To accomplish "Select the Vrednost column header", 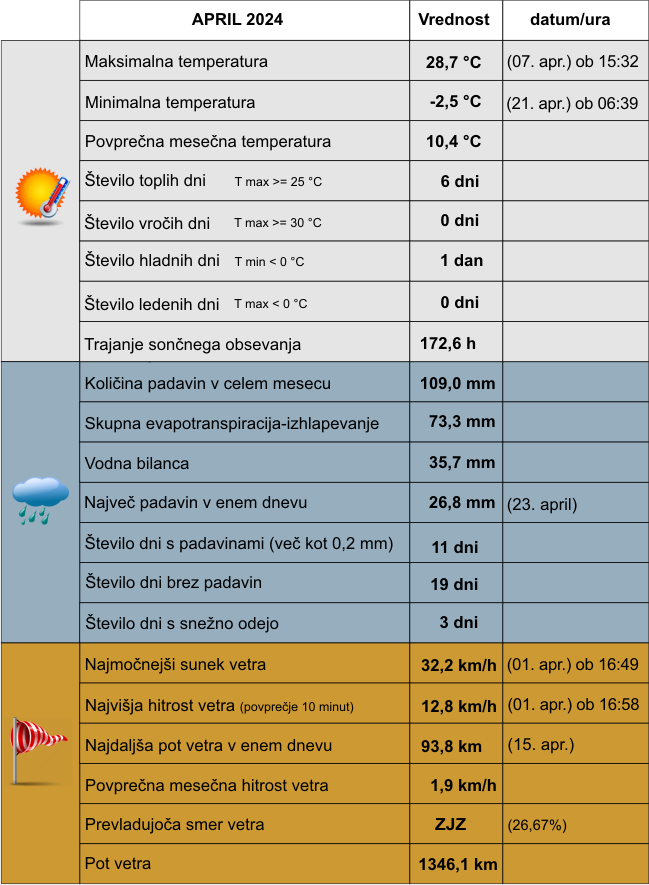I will pyautogui.click(x=454, y=20).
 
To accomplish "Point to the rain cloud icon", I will pyautogui.click(x=40, y=499).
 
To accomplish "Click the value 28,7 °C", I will pyautogui.click(x=453, y=62).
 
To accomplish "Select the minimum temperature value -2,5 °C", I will pyautogui.click(x=455, y=102).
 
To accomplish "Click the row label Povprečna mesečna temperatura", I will pyautogui.click(x=208, y=142).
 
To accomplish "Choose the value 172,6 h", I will pyautogui.click(x=447, y=344).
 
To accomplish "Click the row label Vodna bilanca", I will pyautogui.click(x=137, y=463).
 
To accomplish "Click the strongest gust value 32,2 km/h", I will pyautogui.click(x=459, y=665).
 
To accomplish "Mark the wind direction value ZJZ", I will pyautogui.click(x=451, y=825).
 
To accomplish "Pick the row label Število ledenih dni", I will pyautogui.click(x=152, y=304).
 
